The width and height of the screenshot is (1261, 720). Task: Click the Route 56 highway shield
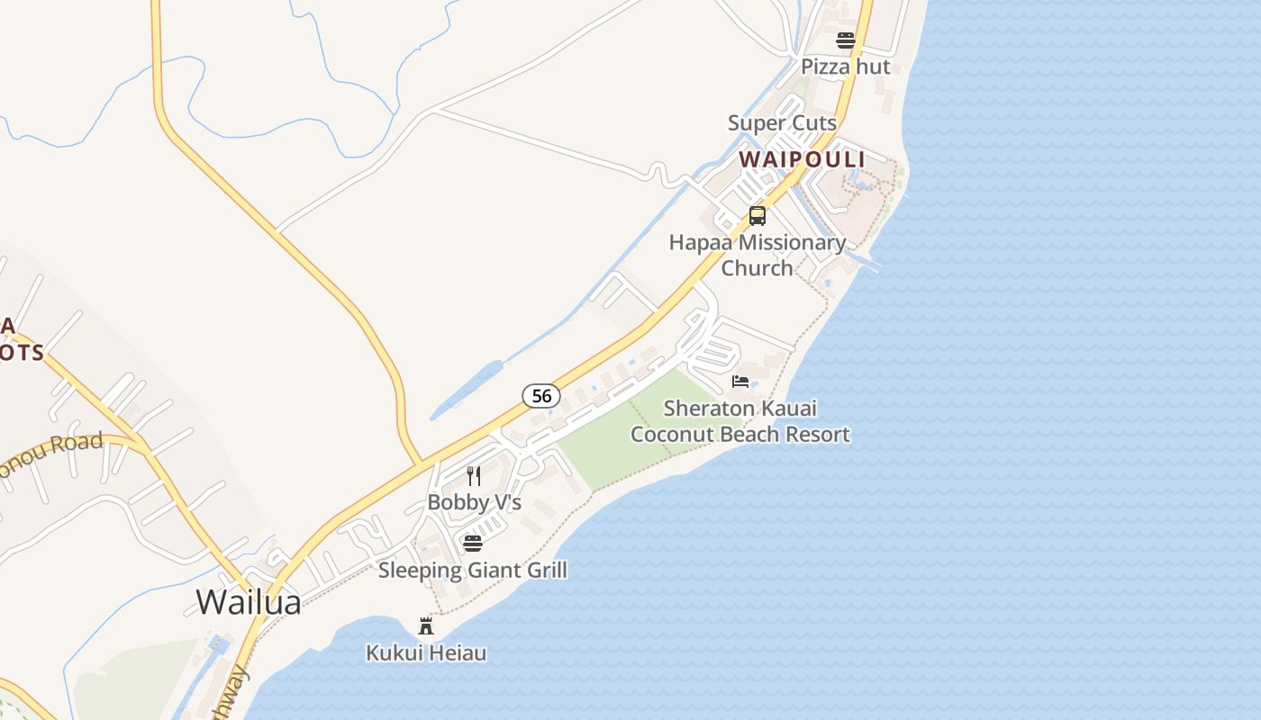(541, 395)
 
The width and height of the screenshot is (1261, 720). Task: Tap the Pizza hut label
(845, 67)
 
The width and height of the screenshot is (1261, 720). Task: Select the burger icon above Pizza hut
(845, 40)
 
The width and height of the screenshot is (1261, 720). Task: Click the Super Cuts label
(782, 122)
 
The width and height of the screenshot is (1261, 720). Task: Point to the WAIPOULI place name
(802, 159)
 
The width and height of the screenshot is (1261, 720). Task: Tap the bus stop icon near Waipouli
(758, 216)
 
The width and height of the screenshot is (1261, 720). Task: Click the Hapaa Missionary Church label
(757, 255)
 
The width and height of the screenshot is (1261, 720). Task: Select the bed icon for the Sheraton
(740, 382)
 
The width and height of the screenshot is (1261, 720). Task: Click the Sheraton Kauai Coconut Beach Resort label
(739, 421)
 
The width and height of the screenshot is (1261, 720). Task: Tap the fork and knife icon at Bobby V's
(474, 475)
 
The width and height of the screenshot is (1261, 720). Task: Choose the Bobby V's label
(474, 502)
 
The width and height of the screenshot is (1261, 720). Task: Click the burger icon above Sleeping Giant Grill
(473, 543)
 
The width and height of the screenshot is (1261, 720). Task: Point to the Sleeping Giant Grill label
(472, 570)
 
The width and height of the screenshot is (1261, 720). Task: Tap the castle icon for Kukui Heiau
(426, 626)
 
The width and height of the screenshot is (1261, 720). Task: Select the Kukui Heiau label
(426, 652)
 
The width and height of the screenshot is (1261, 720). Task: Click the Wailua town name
(249, 601)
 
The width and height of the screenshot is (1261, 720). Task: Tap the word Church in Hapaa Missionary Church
(757, 268)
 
